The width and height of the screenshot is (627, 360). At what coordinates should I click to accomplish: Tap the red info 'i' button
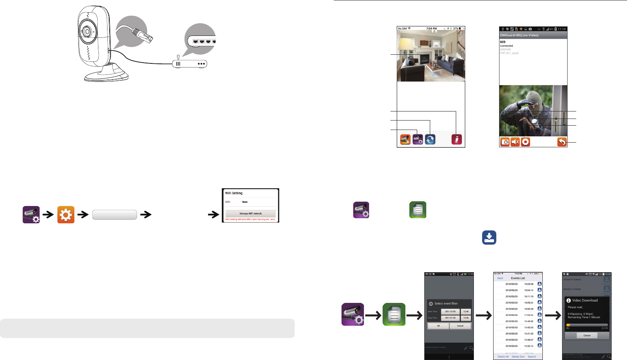(x=457, y=139)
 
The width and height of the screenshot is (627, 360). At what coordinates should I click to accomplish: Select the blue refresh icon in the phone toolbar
(x=430, y=139)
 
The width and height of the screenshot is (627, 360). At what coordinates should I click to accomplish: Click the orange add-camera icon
(x=405, y=139)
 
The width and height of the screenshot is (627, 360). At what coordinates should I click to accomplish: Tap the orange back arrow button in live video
(x=562, y=142)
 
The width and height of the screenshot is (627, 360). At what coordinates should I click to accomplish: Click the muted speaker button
(x=515, y=142)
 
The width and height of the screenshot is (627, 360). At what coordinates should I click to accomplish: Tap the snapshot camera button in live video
(x=505, y=142)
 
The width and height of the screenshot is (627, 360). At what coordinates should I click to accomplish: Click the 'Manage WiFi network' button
(x=250, y=213)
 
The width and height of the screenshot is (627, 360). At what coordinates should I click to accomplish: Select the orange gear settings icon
(x=66, y=215)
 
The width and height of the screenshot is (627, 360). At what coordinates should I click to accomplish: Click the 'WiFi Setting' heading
(x=234, y=193)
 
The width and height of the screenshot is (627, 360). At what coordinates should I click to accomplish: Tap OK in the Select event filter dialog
(x=438, y=326)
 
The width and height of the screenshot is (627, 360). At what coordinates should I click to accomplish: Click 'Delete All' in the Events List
(x=503, y=356)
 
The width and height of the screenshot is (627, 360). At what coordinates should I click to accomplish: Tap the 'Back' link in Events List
(x=500, y=278)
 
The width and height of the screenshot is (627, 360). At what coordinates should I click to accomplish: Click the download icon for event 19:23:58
(x=540, y=284)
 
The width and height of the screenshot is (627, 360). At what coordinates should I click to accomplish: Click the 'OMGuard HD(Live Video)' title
(x=519, y=35)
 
